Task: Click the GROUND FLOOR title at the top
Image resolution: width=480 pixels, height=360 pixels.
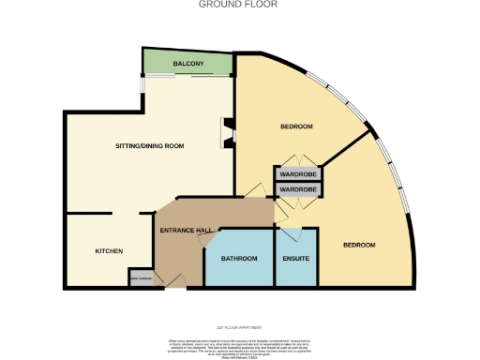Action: pyautogui.click(x=239, y=5)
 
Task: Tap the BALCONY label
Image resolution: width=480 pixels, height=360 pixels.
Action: pyautogui.click(x=187, y=64)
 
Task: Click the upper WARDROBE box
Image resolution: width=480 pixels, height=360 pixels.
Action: pyautogui.click(x=298, y=174)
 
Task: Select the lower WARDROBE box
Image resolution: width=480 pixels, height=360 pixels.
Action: pyautogui.click(x=298, y=190)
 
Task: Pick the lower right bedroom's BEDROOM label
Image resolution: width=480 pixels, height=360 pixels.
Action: pyautogui.click(x=358, y=245)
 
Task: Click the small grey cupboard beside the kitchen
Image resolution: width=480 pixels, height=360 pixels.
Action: pyautogui.click(x=141, y=278)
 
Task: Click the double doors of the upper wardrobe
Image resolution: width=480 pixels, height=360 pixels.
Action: pyautogui.click(x=298, y=160)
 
